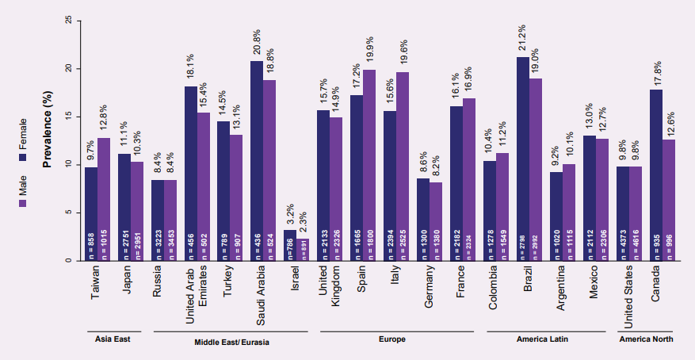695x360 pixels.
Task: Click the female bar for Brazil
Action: (x=522, y=159)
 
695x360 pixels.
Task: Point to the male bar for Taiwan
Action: (x=103, y=198)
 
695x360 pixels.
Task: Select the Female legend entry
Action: (x=22, y=135)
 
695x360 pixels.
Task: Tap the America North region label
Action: (x=647, y=339)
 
